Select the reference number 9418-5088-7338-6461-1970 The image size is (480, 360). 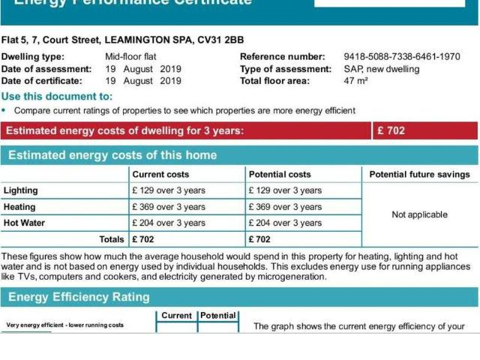click(402, 56)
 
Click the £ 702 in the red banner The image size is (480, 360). click(391, 130)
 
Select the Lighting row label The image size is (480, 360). click(21, 190)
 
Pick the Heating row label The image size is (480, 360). click(19, 207)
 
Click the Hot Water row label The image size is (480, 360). click(24, 223)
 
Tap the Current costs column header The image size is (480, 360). click(160, 175)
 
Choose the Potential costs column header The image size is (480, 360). click(280, 175)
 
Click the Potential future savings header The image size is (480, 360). click(420, 175)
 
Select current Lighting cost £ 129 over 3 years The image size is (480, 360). click(169, 190)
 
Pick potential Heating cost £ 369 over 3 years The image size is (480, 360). click(285, 207)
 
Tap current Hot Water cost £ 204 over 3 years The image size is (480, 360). click(169, 223)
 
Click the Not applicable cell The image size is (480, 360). click(420, 214)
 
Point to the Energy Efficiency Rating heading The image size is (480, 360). click(79, 297)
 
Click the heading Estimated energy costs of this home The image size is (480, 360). click(112, 155)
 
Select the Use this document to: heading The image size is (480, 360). click(57, 96)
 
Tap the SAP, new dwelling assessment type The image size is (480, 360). click(382, 69)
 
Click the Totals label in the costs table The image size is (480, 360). click(112, 239)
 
